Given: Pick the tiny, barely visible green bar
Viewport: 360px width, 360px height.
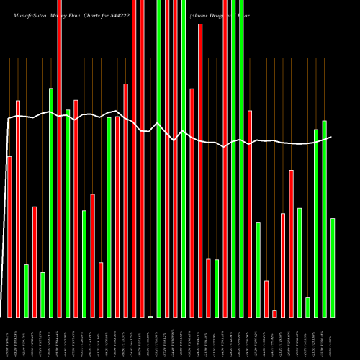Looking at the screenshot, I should tap(150, 316).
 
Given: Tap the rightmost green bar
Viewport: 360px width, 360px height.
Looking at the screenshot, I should tap(333, 267).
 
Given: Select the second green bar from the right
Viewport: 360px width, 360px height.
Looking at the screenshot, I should tap(324, 219).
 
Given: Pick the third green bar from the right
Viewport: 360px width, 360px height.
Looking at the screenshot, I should tap(316, 223).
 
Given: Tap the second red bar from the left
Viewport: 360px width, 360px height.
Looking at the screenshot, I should tap(18, 209).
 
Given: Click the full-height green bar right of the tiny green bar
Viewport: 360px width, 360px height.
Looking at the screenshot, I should tap(158, 158).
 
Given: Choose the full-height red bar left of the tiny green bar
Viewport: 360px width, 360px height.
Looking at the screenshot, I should tap(142, 158).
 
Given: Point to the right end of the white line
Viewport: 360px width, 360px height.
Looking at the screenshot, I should tap(331, 137).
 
